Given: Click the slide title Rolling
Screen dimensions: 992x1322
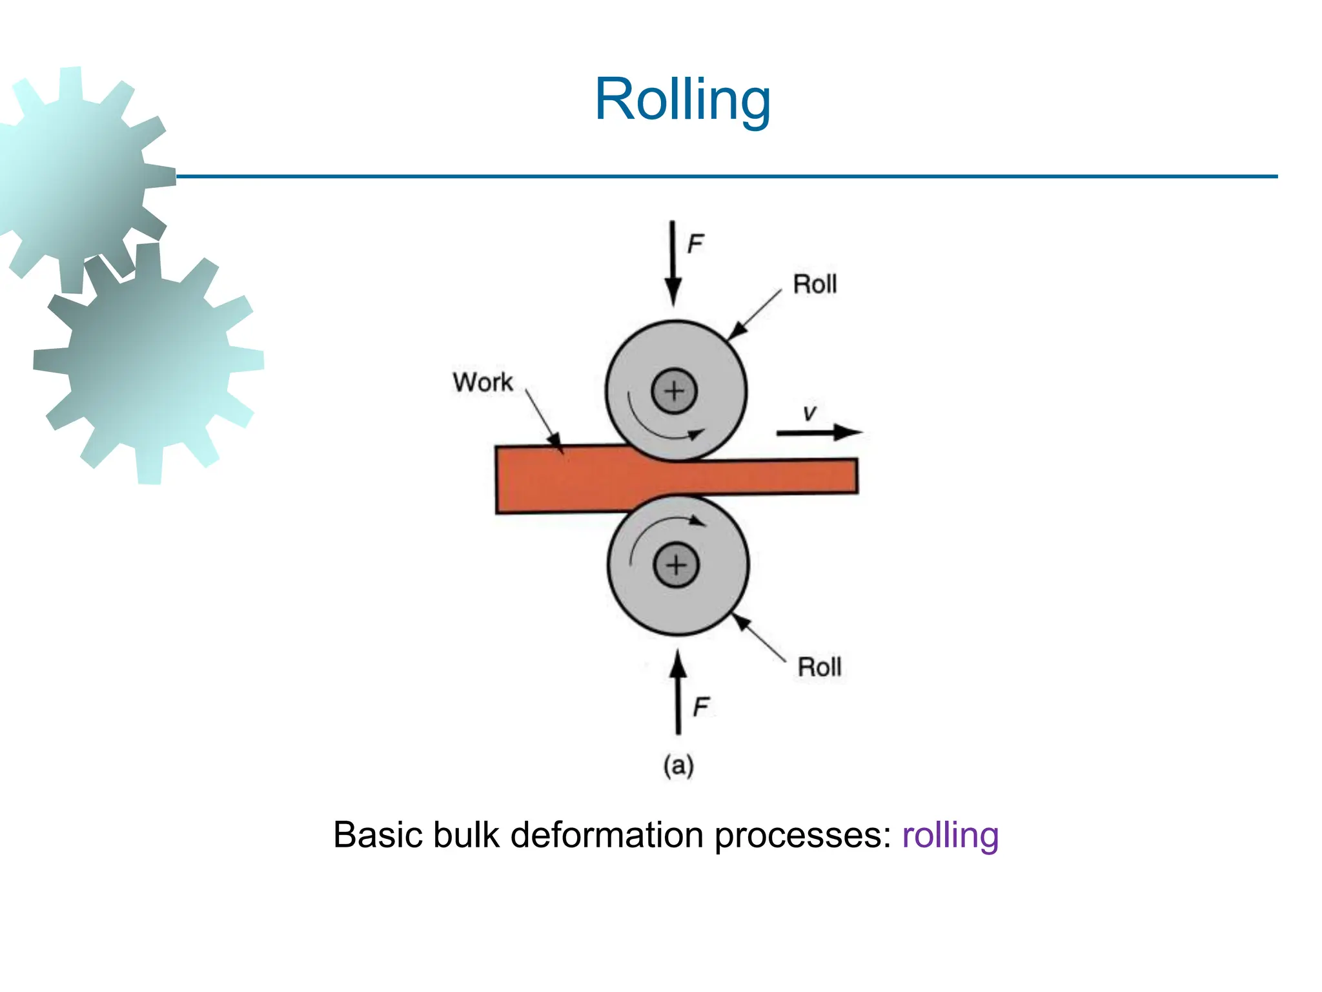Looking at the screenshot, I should (682, 99).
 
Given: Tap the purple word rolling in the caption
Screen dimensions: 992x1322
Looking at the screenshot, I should (950, 835).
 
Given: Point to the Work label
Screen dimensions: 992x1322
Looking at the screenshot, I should (482, 382).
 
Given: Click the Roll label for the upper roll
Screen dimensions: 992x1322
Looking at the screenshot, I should (815, 284).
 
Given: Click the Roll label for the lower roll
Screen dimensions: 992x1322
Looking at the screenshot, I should (819, 667).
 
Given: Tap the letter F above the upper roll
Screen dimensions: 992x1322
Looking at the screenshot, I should (695, 244).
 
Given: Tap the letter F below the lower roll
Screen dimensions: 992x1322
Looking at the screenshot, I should (701, 707).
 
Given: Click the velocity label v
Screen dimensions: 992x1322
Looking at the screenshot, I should (809, 413).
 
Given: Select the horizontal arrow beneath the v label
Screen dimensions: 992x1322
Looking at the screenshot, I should (819, 432).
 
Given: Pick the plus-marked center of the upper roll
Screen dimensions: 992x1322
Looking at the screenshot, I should (674, 391).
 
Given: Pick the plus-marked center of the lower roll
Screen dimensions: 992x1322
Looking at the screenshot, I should (676, 565).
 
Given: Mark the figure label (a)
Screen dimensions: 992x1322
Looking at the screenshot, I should (678, 765).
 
